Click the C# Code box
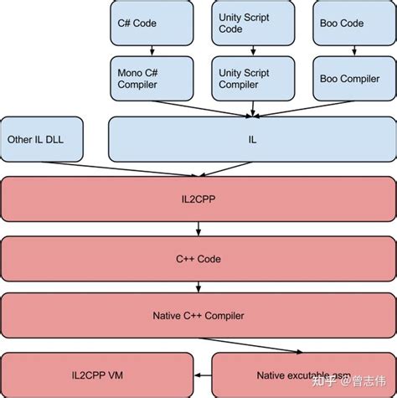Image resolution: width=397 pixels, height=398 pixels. (148, 23)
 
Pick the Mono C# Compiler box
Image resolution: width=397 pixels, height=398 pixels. (148, 79)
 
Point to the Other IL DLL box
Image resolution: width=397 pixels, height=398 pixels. (43, 139)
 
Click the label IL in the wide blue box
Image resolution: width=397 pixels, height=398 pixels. (252, 139)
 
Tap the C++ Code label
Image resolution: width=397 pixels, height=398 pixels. (198, 259)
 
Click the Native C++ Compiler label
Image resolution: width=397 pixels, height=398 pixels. (198, 316)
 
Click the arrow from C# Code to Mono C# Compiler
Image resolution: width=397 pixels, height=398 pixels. (148, 50)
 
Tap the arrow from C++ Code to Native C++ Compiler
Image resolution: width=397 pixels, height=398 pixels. (198, 287)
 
